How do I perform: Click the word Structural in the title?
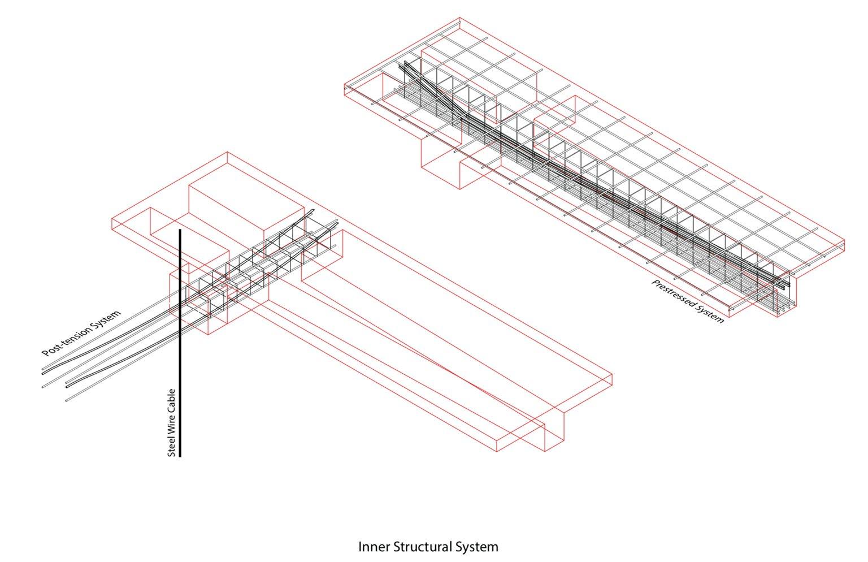421,547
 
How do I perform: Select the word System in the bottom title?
478,547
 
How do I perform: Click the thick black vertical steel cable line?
180,339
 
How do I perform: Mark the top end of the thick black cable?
180,230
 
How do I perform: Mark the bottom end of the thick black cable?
180,455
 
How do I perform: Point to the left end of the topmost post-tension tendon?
43,371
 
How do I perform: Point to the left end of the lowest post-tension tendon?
66,400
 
